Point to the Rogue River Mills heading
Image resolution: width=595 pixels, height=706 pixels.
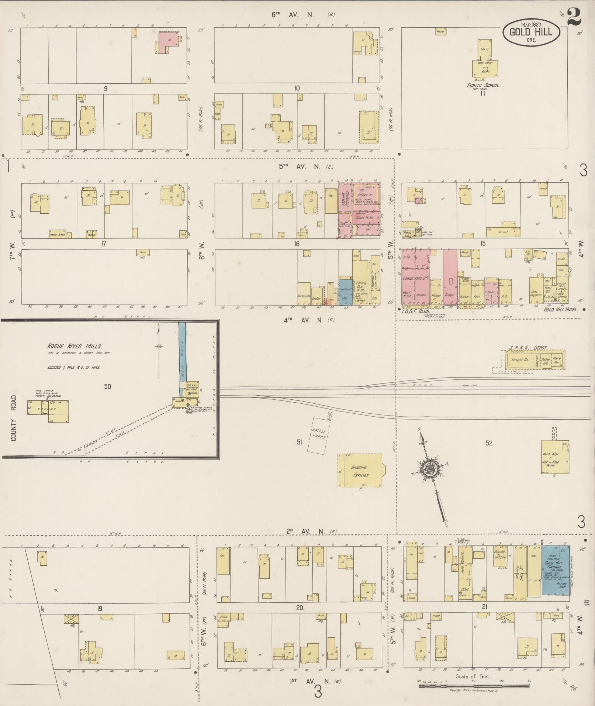74,346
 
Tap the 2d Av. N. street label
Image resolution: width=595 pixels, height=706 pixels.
305,531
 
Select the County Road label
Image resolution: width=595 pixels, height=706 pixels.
14,419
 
